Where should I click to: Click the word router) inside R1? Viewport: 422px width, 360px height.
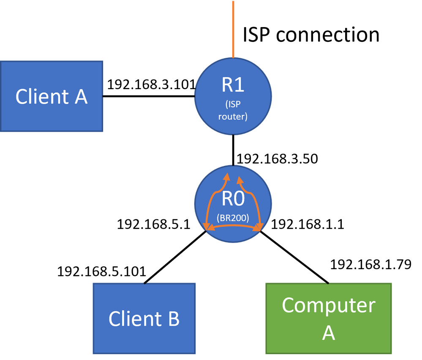click(233, 116)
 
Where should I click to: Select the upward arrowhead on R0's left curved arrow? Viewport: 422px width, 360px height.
click(227, 177)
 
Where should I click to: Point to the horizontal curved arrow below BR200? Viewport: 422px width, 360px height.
click(233, 226)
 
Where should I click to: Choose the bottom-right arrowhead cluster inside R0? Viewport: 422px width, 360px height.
click(258, 228)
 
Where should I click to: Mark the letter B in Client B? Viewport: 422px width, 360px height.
click(174, 319)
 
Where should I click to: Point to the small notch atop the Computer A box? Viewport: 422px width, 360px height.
click(326, 283)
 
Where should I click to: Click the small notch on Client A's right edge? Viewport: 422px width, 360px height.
click(103, 96)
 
